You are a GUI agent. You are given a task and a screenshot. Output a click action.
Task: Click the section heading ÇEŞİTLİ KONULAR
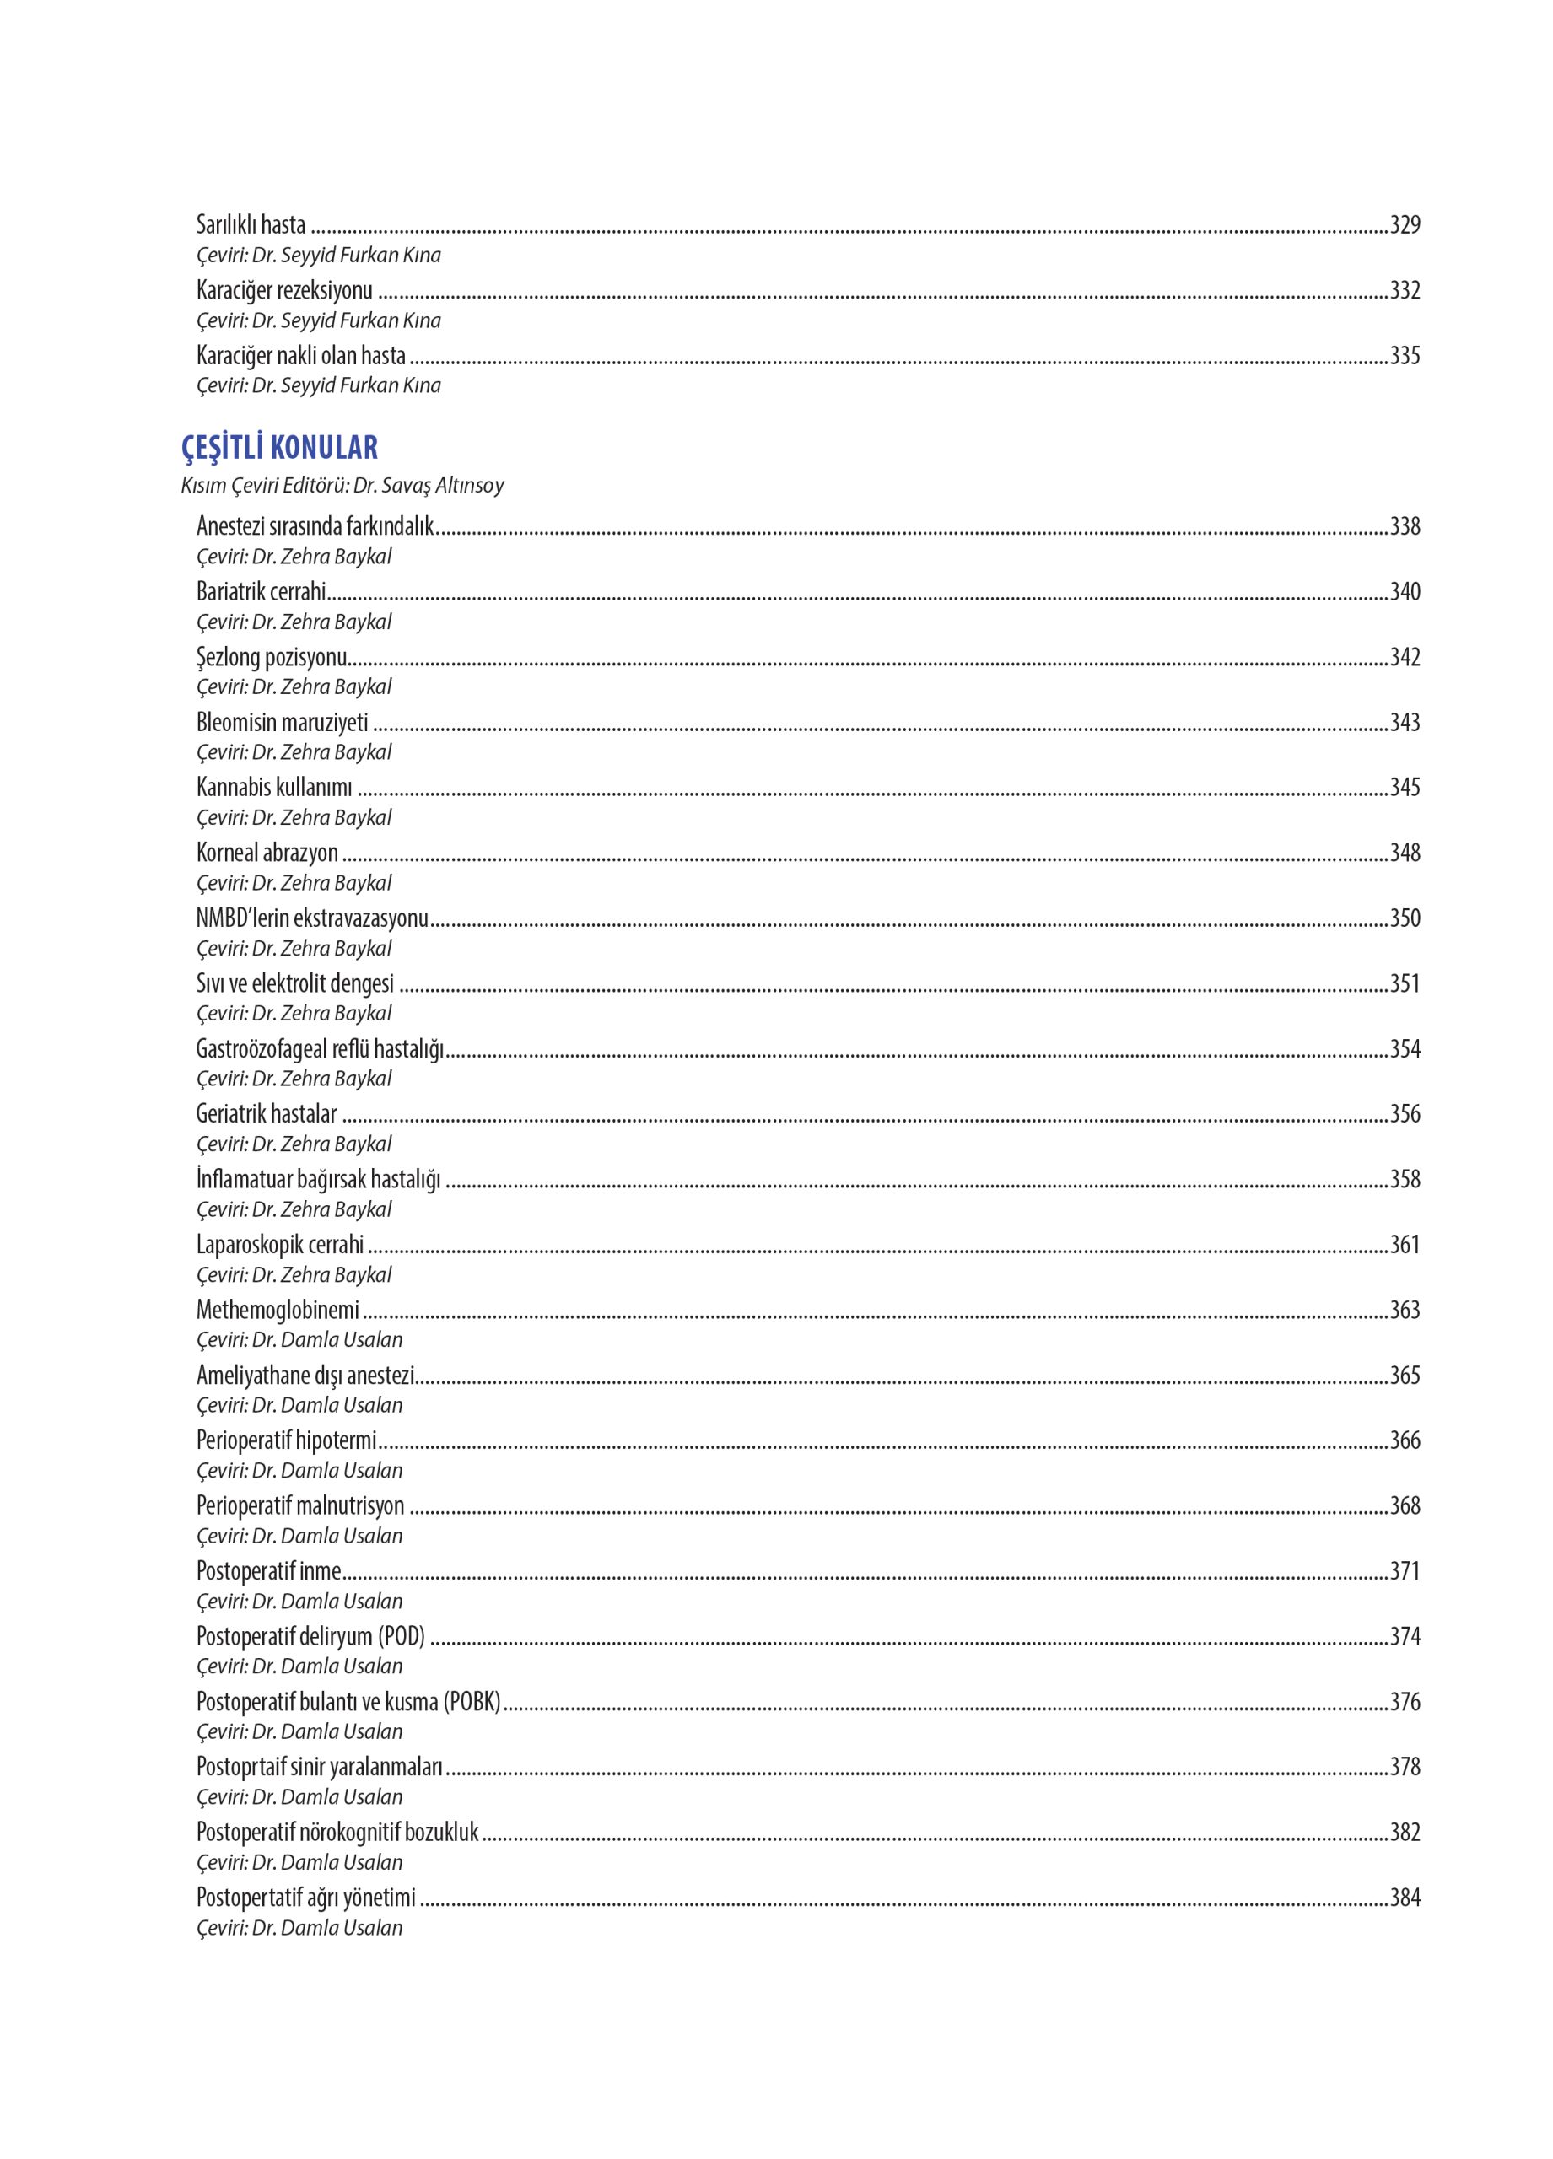279,448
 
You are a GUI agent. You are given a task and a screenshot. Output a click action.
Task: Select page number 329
1405,224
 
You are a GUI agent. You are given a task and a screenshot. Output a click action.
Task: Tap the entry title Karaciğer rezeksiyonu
283,290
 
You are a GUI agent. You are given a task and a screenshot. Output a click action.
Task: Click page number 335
1405,356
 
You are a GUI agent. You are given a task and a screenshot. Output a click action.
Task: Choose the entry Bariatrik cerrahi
261,592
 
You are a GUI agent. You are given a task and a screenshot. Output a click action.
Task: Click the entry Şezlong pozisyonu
272,658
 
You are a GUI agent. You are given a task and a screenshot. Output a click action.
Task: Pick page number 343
1405,723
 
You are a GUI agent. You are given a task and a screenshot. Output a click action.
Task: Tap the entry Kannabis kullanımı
274,787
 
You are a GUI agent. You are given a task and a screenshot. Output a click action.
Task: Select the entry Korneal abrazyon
267,853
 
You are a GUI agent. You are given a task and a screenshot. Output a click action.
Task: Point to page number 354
1405,1049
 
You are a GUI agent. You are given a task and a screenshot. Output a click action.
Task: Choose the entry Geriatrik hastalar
267,1114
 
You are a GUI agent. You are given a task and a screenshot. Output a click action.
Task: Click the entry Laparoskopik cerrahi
280,1245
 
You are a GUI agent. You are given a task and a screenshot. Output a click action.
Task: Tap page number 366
1405,1440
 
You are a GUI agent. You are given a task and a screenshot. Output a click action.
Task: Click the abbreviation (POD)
401,1636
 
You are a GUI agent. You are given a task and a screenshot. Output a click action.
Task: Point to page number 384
1405,1898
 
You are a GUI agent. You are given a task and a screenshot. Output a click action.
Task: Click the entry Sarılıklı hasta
251,224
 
